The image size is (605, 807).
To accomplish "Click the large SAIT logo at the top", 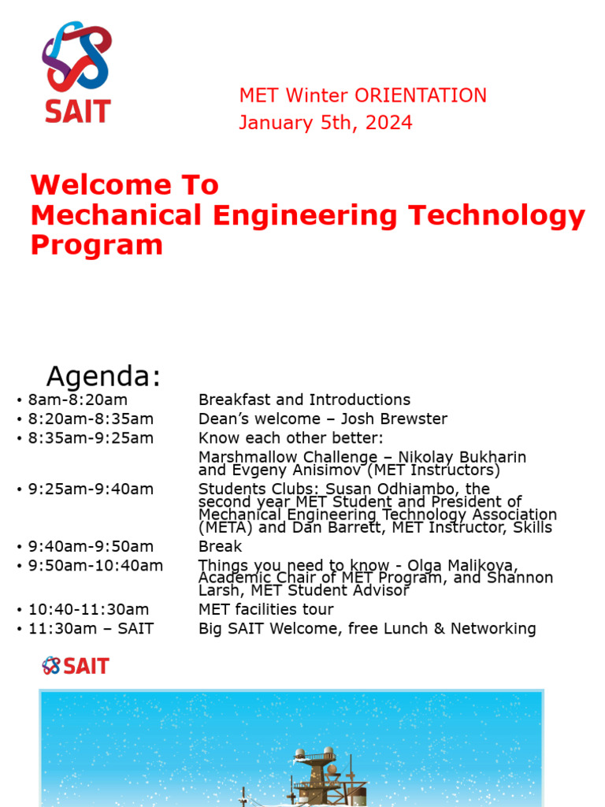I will click(x=76, y=71).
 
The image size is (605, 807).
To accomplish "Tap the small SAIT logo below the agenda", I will click(x=76, y=666).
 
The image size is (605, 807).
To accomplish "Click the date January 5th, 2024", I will click(x=325, y=123).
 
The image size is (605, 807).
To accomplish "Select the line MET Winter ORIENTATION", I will click(x=362, y=96).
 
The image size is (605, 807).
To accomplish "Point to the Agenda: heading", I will click(x=103, y=377).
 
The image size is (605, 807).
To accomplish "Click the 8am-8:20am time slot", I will click(x=77, y=400).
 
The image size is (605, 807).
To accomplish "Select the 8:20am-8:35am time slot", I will click(x=91, y=418).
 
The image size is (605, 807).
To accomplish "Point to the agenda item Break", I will click(x=220, y=546).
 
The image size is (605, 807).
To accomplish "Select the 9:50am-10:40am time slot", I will click(x=95, y=565).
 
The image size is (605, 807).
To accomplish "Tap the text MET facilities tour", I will click(x=265, y=609).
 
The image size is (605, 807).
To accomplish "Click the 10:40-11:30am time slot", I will click(x=88, y=609).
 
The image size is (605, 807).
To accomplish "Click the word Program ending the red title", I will click(x=96, y=245).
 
